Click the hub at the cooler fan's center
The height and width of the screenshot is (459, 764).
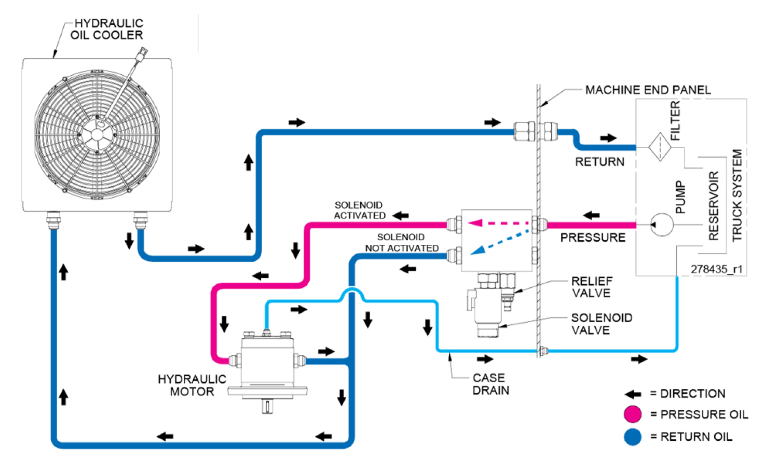click(x=97, y=135)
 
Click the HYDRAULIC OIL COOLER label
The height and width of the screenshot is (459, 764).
click(x=107, y=30)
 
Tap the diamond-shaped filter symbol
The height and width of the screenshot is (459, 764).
click(x=660, y=147)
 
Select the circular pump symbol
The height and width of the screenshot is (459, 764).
click(x=662, y=225)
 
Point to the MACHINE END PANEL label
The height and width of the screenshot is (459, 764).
click(x=648, y=90)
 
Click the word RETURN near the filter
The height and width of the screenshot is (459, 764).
click(x=599, y=162)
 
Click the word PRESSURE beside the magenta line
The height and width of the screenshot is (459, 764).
click(x=593, y=238)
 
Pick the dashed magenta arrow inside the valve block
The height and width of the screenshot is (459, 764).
click(x=498, y=223)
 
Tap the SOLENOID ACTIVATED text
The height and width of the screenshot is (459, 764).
click(x=359, y=211)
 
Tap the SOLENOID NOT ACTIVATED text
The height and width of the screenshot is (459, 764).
click(x=401, y=243)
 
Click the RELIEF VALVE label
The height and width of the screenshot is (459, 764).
click(x=591, y=287)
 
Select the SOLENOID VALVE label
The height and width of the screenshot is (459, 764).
click(x=601, y=324)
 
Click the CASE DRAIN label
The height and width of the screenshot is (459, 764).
click(x=490, y=384)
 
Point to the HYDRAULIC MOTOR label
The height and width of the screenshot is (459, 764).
click(x=192, y=385)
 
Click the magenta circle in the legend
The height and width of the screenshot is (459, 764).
click(x=633, y=414)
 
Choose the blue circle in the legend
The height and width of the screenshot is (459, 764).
click(x=633, y=437)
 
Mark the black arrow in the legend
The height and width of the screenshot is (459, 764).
click(x=633, y=394)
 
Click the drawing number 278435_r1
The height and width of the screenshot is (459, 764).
click(x=716, y=269)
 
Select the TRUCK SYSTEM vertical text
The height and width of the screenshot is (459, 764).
click(x=736, y=196)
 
